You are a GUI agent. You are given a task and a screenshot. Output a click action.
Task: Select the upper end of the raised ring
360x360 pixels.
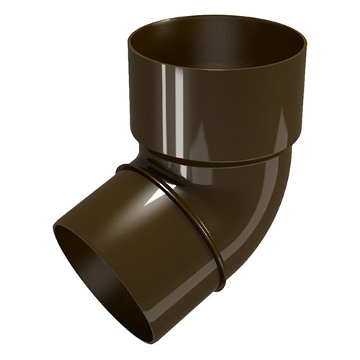126,167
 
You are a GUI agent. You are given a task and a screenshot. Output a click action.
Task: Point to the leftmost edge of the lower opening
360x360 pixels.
55,238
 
